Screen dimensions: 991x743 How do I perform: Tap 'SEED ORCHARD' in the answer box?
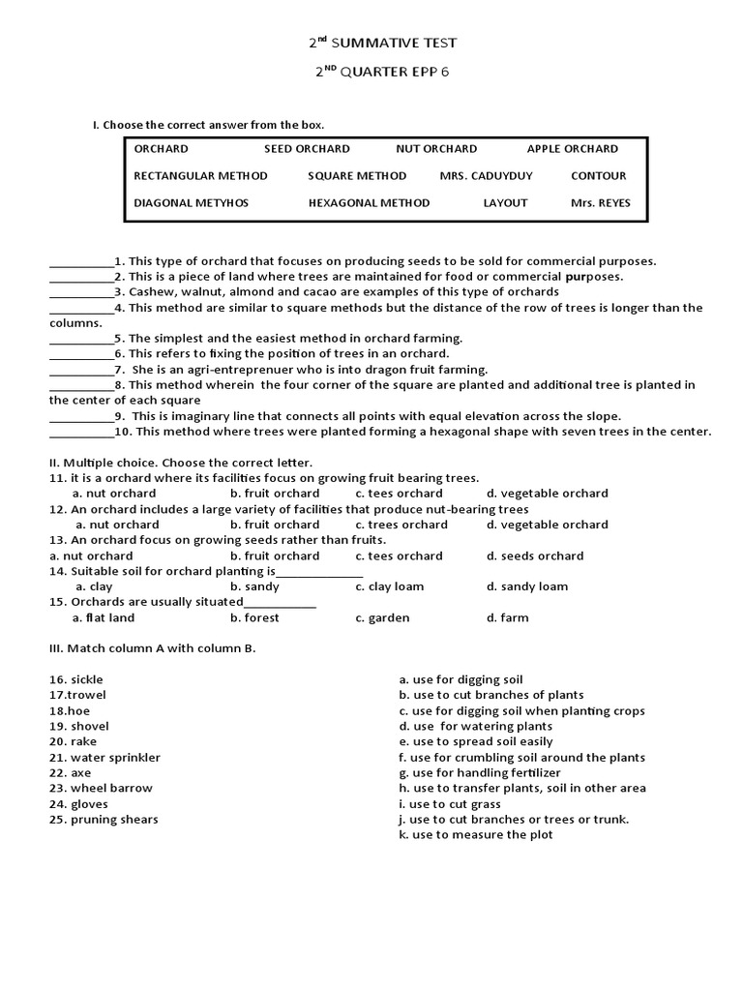(307, 149)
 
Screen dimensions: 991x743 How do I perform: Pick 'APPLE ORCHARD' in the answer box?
(572, 149)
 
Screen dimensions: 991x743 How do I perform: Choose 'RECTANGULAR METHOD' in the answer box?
(200, 176)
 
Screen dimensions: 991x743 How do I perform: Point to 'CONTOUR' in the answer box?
(598, 176)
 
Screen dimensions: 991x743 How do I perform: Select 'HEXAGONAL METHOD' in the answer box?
(369, 203)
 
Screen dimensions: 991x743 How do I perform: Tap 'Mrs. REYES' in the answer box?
(600, 203)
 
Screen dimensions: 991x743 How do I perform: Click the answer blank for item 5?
(81, 340)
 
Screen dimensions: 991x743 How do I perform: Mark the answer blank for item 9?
(81, 417)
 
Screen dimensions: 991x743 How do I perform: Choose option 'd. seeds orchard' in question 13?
(535, 556)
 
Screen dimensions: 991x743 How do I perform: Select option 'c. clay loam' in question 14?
(389, 586)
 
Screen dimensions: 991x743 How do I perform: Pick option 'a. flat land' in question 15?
(104, 617)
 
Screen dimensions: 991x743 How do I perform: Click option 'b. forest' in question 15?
(254, 617)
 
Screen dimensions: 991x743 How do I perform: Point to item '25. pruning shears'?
(104, 820)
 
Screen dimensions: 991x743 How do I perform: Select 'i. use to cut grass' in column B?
(461, 804)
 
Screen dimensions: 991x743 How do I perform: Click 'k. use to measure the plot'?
(475, 835)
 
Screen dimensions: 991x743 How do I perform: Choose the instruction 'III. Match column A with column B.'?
(152, 648)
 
